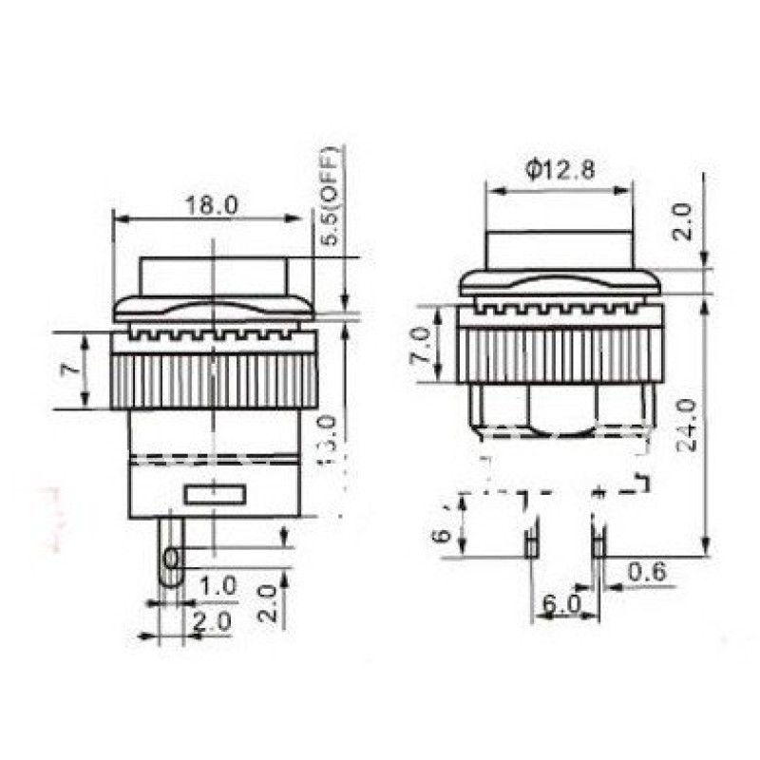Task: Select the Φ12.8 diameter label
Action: coord(560,170)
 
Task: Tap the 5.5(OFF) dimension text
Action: coord(330,198)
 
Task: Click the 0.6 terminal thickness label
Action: coord(648,571)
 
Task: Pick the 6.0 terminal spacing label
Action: coord(561,604)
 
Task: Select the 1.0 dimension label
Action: coord(218,586)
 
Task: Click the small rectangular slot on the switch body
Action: coord(215,494)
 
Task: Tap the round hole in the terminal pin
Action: coord(171,557)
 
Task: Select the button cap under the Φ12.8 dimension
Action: coord(559,249)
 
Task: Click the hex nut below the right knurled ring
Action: coord(559,408)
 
